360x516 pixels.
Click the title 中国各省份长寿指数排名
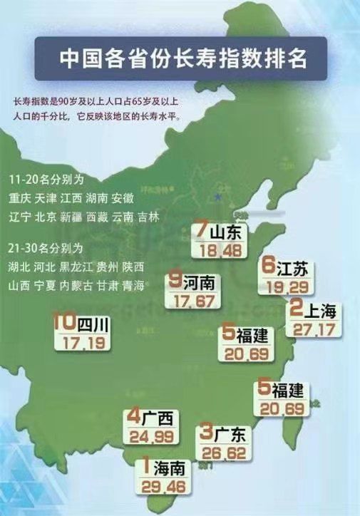point(182,58)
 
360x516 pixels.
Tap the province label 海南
point(168,469)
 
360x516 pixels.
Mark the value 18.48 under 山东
point(217,251)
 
